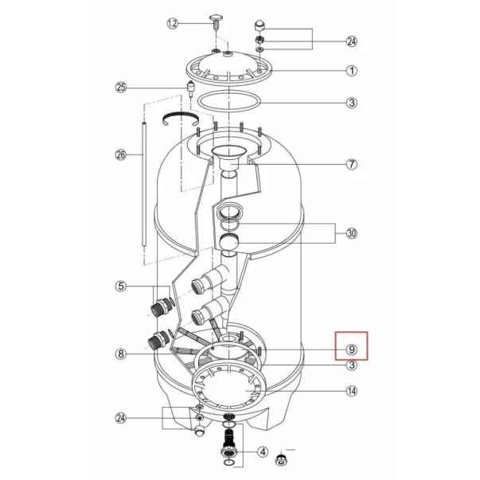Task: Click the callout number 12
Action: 172,24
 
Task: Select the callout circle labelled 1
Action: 352,70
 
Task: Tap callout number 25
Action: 121,87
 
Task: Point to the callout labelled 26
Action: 121,154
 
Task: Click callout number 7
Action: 352,165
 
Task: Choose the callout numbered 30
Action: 352,234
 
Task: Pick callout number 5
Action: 121,286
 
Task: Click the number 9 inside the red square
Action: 351,348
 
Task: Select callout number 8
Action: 121,353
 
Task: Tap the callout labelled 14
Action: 352,391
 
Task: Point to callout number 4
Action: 261,452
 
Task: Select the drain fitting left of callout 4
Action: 228,447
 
